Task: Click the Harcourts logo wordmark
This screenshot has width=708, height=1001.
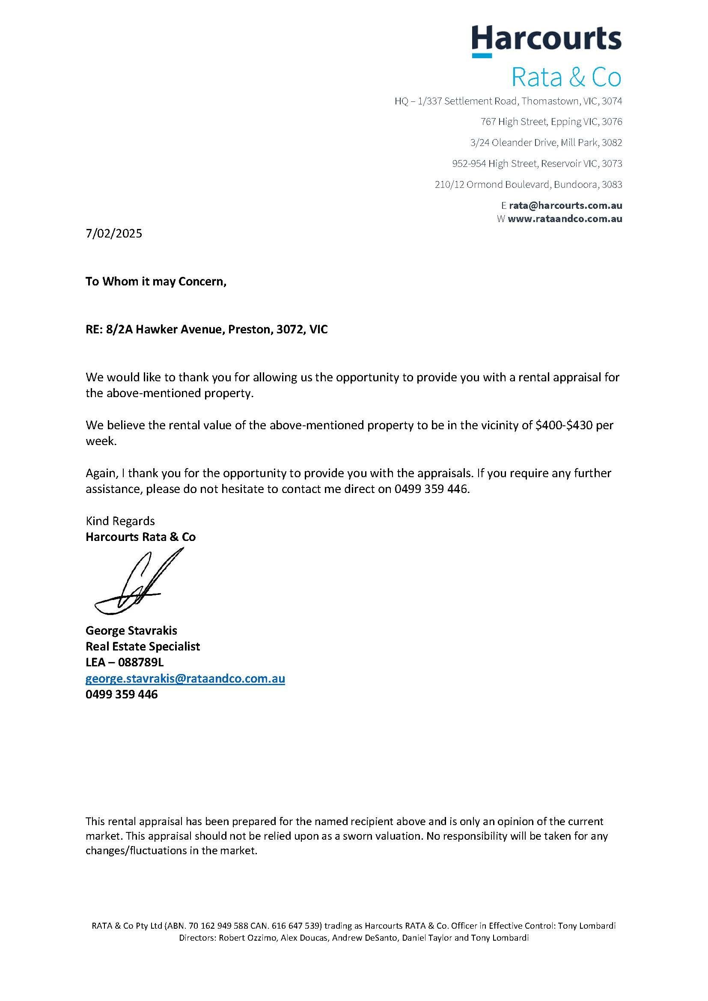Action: (547, 39)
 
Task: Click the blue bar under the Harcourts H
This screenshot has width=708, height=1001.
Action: (482, 56)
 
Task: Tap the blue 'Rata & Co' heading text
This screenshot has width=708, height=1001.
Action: (566, 77)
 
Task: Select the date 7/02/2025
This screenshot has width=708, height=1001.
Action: (114, 234)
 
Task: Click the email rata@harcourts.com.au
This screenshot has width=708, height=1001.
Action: (565, 205)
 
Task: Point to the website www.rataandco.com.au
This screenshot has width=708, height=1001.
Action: (565, 219)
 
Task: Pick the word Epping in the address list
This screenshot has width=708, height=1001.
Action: (565, 122)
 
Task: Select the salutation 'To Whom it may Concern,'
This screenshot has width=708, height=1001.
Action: (156, 282)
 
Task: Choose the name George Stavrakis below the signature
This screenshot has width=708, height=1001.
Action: (131, 630)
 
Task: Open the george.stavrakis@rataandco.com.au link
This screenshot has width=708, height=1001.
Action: (185, 678)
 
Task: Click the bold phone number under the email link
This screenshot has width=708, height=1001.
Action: (122, 694)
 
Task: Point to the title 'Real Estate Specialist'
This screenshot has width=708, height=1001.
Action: (143, 646)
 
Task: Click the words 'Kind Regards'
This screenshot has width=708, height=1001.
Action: (120, 521)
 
